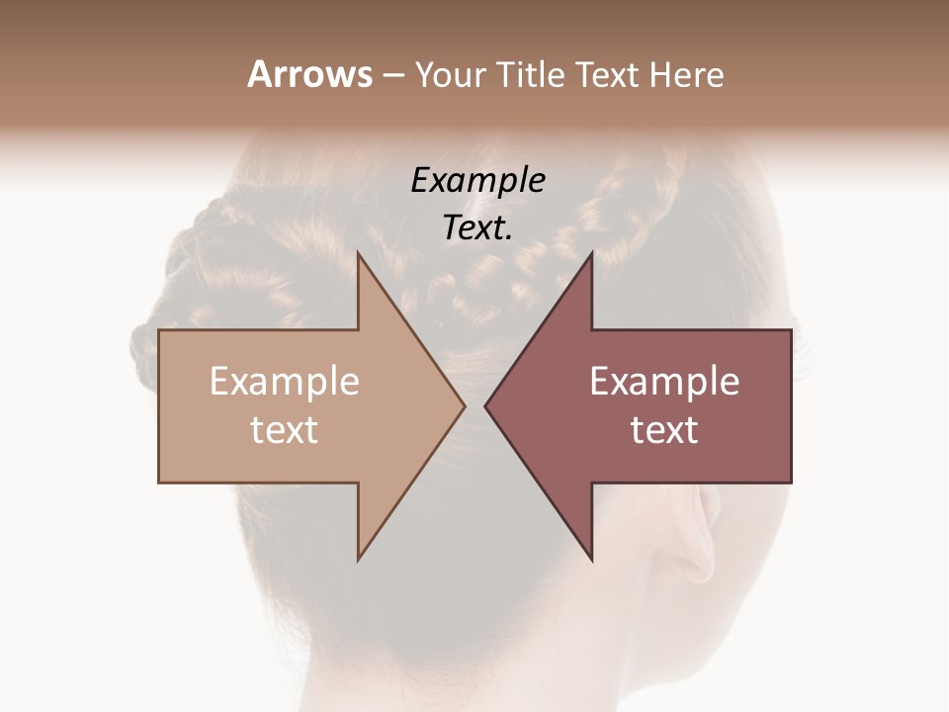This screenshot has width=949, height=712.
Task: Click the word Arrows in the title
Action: (309, 74)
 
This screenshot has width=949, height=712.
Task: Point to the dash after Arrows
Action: (392, 76)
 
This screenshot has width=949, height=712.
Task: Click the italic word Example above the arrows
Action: (478, 181)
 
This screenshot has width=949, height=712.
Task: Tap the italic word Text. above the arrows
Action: (478, 228)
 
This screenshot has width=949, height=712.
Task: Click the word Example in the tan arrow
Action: (285, 382)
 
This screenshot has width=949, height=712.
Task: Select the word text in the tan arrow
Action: (285, 430)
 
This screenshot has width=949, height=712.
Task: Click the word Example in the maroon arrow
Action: (664, 382)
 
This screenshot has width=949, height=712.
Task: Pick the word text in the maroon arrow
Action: (664, 430)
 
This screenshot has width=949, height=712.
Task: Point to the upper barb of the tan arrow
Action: (363, 272)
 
